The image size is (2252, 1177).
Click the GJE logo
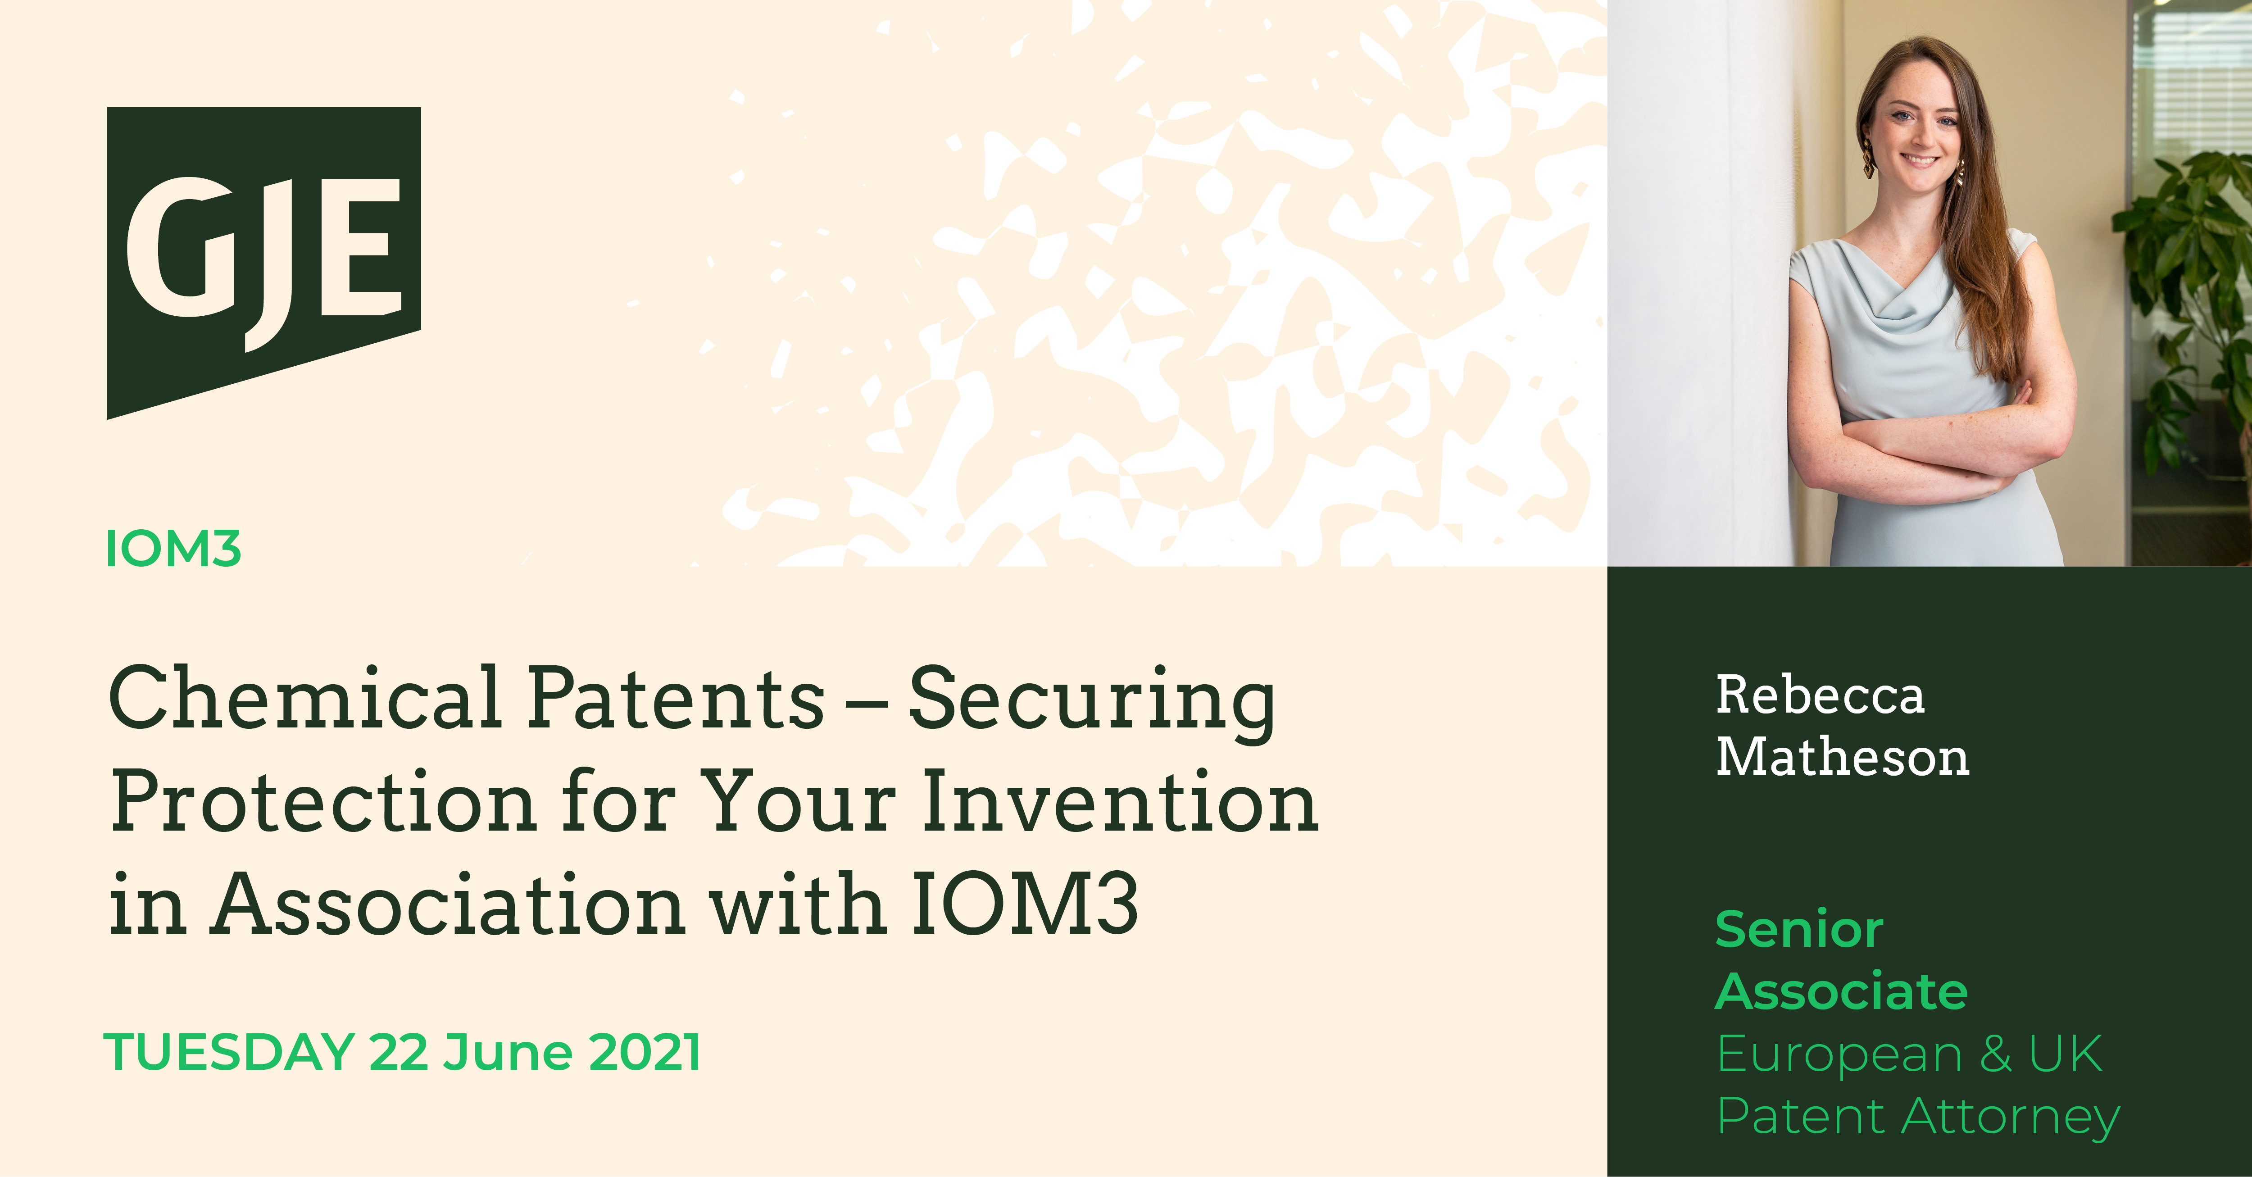click(x=264, y=262)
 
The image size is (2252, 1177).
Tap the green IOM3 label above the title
click(x=173, y=549)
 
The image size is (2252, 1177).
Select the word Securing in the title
click(x=1092, y=704)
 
